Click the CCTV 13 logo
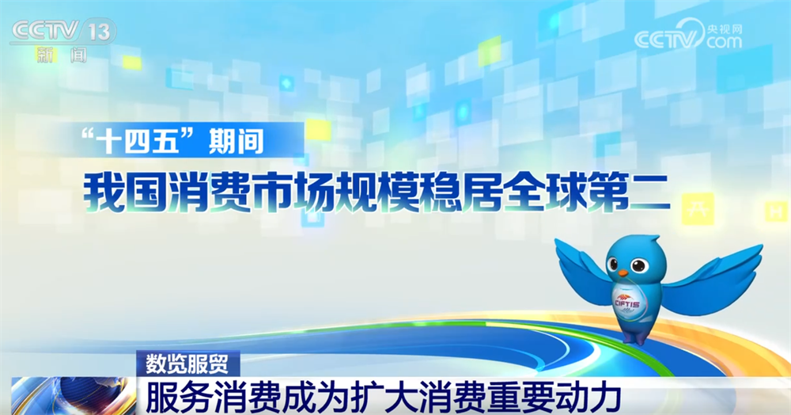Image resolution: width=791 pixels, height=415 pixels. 62,32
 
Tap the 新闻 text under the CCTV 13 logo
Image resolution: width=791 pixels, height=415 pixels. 62,55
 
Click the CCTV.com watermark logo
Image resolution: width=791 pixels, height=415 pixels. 688,36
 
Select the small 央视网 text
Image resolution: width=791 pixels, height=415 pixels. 725,29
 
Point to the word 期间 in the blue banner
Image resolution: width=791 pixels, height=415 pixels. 236,140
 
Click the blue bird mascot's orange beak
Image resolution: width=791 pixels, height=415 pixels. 623,273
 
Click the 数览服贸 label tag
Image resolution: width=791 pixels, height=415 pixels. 187,364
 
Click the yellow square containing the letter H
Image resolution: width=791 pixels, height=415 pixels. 775,211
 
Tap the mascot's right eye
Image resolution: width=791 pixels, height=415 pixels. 639,264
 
